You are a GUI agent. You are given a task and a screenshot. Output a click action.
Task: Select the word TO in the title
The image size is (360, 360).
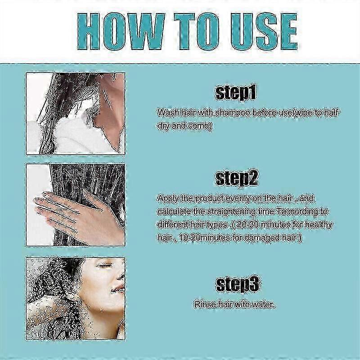tap(197, 31)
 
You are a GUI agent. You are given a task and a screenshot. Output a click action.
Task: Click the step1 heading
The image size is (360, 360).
tap(235, 93)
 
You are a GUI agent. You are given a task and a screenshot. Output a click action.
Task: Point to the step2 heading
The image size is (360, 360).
tap(237, 178)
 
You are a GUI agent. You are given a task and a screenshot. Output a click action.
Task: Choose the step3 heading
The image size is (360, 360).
tap(238, 284)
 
